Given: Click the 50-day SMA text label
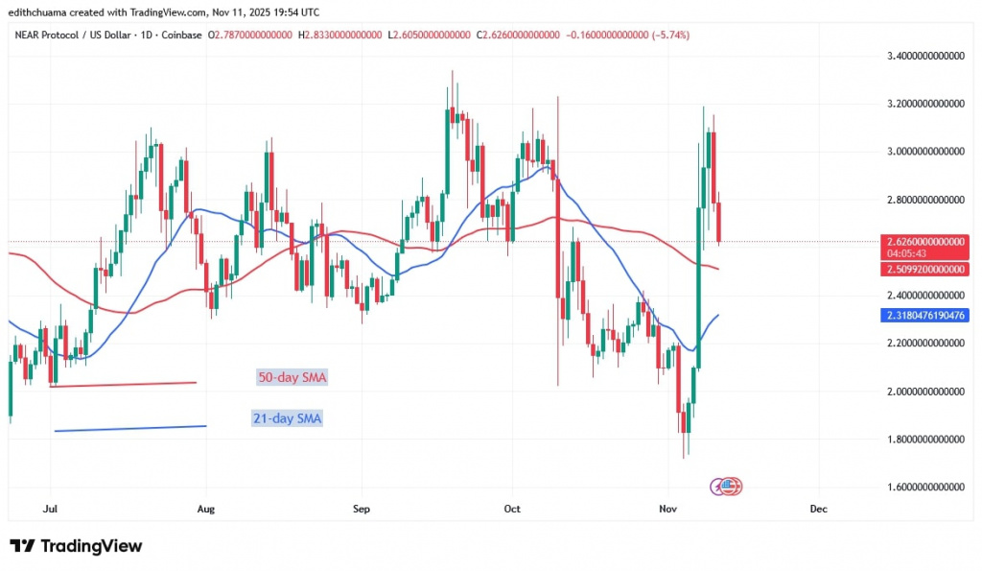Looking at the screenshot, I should click(x=292, y=378).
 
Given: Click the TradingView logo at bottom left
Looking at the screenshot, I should click(x=76, y=546).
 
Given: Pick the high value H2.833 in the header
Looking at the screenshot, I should click(x=339, y=36).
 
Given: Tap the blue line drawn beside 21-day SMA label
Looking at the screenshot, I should click(x=130, y=428).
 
